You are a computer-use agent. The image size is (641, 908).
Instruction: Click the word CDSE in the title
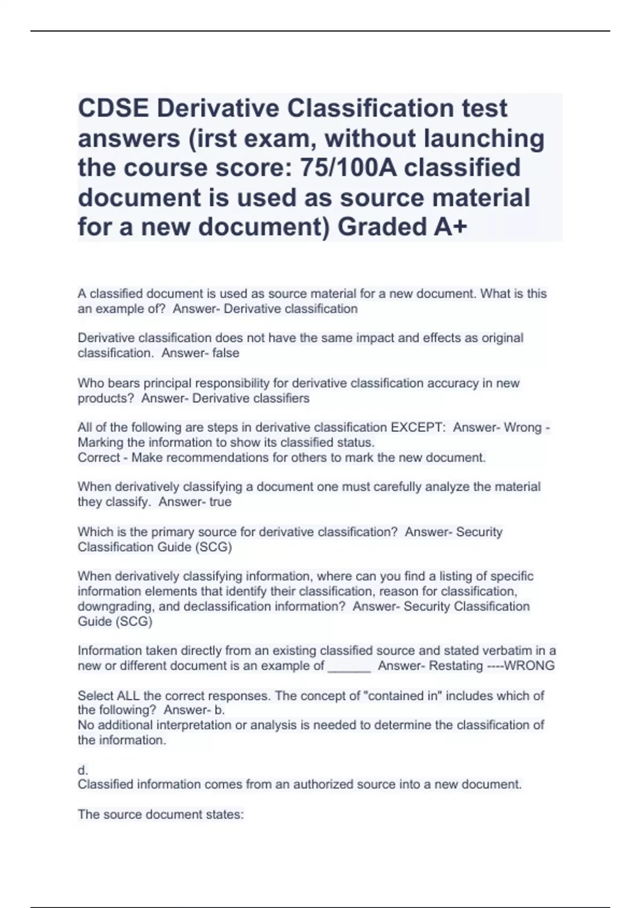tap(113, 108)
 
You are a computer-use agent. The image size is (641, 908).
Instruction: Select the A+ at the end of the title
tap(450, 227)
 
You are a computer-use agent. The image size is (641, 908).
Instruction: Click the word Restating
tap(456, 666)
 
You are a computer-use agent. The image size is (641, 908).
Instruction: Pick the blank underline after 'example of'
tap(349, 666)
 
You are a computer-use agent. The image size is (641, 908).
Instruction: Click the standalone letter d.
tap(83, 770)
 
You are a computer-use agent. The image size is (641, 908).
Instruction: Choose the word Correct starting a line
tap(99, 458)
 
